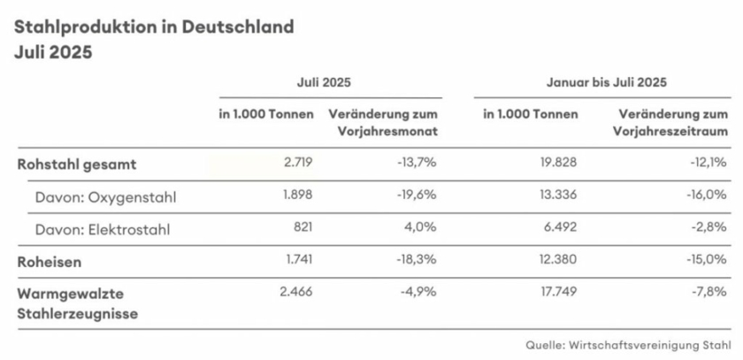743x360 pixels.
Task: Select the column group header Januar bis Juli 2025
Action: click(606, 81)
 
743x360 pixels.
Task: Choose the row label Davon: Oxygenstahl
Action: click(106, 196)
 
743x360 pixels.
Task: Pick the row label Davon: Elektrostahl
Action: click(103, 229)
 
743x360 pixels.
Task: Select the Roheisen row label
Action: click(49, 262)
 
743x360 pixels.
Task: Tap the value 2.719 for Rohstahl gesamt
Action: click(295, 164)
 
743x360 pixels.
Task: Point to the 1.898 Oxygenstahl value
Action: click(295, 196)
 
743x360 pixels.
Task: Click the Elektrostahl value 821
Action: click(301, 229)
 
